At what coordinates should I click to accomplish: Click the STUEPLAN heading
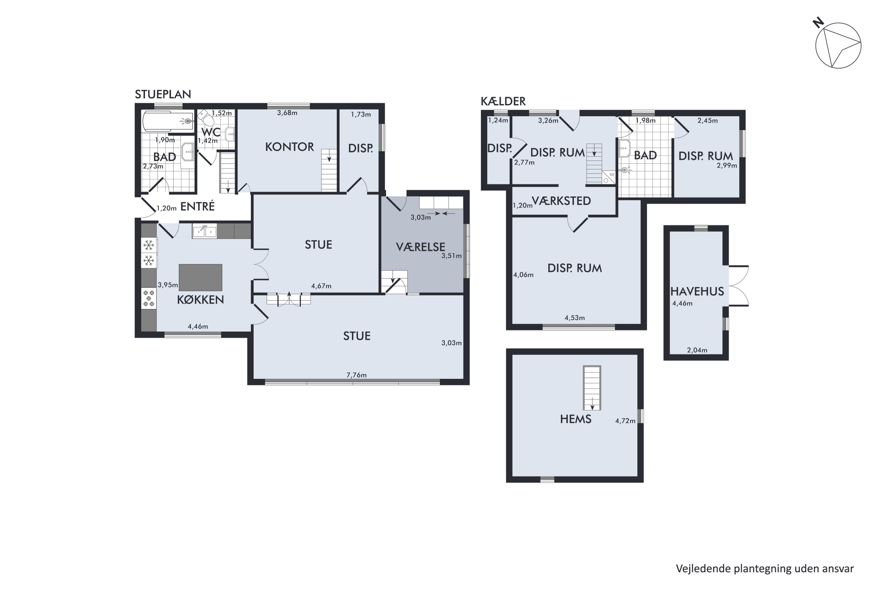(163, 94)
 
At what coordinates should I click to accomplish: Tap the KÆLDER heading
(503, 101)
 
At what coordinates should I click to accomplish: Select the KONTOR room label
(289, 147)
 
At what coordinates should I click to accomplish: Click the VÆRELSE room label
(420, 247)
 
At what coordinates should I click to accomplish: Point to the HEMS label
(576, 419)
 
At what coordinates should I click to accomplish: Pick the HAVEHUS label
(697, 291)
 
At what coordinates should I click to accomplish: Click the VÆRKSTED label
(561, 201)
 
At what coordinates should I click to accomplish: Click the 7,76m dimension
(356, 375)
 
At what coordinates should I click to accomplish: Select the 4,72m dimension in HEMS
(625, 421)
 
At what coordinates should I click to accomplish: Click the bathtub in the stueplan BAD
(168, 121)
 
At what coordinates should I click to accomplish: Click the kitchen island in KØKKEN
(201, 278)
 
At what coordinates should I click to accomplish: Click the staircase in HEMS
(592, 388)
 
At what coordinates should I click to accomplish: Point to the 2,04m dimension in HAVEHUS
(697, 350)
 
